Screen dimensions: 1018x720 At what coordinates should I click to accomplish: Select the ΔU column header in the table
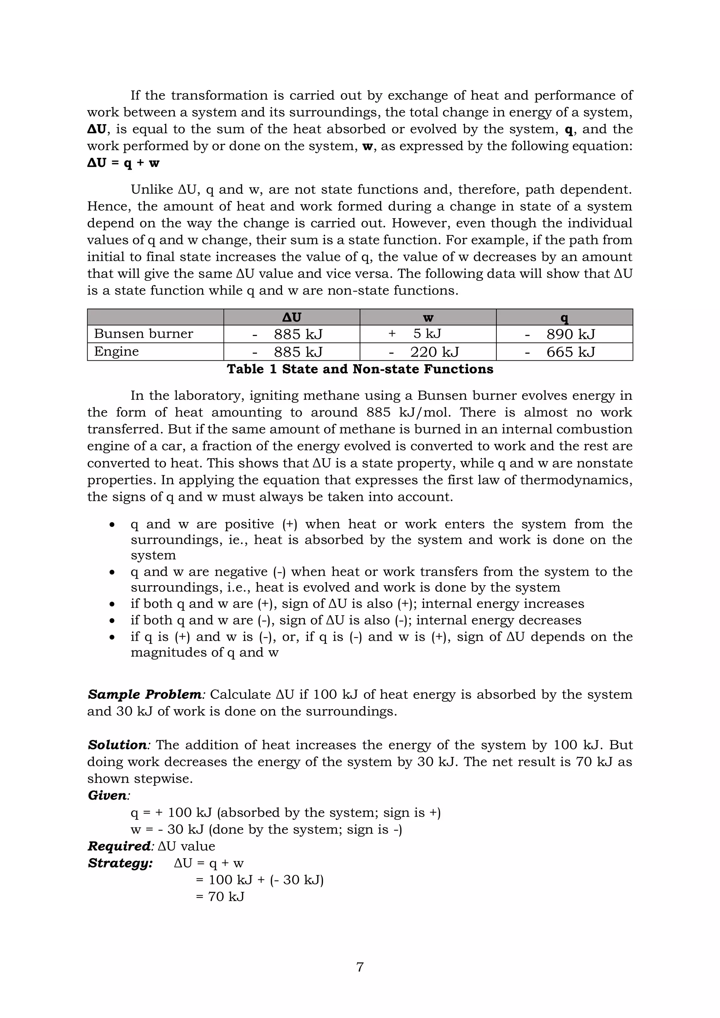click(291, 317)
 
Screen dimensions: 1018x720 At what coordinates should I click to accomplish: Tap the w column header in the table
click(428, 317)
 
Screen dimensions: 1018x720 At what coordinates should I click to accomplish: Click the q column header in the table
click(564, 317)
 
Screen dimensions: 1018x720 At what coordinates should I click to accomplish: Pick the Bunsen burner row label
click(144, 334)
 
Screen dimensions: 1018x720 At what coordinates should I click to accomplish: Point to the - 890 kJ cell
click(560, 334)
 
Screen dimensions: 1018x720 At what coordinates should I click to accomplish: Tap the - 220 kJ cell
click(424, 352)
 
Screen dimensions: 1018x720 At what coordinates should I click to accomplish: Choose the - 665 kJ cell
click(560, 352)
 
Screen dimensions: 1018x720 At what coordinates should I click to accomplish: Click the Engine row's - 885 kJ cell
click(287, 352)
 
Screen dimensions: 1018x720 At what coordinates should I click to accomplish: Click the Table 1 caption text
click(360, 369)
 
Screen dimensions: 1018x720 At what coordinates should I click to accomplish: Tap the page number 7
click(360, 967)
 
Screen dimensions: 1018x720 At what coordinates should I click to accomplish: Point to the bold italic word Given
click(108, 795)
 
